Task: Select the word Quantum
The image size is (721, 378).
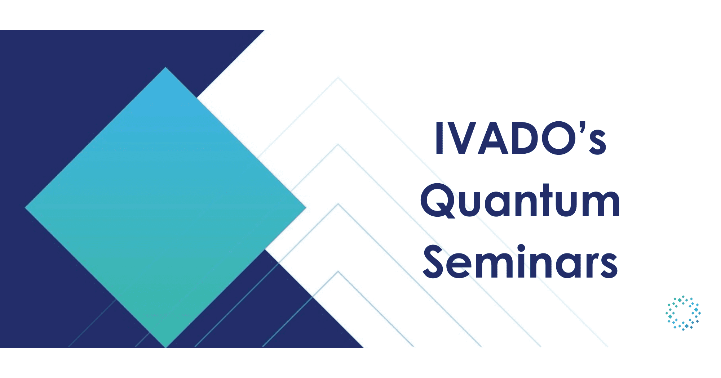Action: [520, 202]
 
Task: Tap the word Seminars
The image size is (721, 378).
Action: [520, 262]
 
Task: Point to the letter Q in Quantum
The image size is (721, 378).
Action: [437, 202]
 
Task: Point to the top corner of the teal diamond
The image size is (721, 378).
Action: [165, 68]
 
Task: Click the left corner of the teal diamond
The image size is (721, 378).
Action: [26, 208]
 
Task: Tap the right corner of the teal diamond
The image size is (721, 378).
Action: [306, 208]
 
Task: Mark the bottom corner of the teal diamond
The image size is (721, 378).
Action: [165, 347]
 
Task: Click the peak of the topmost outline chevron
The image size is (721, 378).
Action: [338, 78]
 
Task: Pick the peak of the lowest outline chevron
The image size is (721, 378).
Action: [338, 271]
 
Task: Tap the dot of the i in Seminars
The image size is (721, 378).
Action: [521, 248]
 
